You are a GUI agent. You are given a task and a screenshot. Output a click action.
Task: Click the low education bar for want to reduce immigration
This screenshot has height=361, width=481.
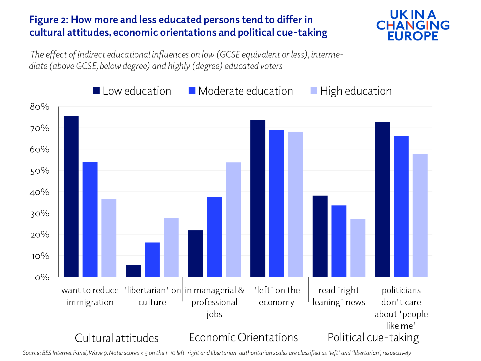(x=71, y=196)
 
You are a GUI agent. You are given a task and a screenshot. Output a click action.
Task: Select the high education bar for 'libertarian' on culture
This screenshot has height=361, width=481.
(x=171, y=247)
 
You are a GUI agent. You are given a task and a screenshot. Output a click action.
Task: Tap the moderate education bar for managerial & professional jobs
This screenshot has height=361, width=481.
(x=214, y=237)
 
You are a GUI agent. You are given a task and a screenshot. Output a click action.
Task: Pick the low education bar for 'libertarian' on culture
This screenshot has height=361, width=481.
(x=133, y=271)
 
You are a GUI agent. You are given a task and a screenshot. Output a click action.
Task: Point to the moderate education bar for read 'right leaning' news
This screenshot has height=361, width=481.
(x=339, y=241)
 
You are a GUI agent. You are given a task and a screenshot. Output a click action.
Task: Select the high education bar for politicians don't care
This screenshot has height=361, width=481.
(x=420, y=215)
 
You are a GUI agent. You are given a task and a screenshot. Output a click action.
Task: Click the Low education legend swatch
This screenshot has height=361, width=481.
(x=96, y=91)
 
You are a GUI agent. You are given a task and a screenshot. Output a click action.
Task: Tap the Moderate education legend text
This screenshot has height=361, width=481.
(x=246, y=91)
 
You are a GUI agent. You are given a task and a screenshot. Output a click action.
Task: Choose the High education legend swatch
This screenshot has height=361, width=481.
(x=314, y=91)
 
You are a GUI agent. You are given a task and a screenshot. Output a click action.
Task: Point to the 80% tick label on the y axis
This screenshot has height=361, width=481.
(x=39, y=107)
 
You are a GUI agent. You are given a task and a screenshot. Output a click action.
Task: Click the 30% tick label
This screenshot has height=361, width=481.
(x=39, y=214)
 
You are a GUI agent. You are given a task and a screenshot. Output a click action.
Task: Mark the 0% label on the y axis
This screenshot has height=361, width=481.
(x=42, y=277)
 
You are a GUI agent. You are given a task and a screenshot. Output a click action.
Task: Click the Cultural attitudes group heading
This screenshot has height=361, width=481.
(x=117, y=338)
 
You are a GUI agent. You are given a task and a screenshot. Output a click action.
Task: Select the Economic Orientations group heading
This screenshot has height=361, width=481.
(x=243, y=338)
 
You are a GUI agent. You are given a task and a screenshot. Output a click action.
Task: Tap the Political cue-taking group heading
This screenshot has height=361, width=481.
(x=373, y=338)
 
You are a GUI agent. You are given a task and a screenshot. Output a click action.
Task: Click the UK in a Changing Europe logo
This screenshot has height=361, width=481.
(x=413, y=25)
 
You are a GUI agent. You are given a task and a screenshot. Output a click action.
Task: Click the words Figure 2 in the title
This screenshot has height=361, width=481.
(x=48, y=20)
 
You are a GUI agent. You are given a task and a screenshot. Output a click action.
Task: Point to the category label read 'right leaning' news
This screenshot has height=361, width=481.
(x=339, y=296)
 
